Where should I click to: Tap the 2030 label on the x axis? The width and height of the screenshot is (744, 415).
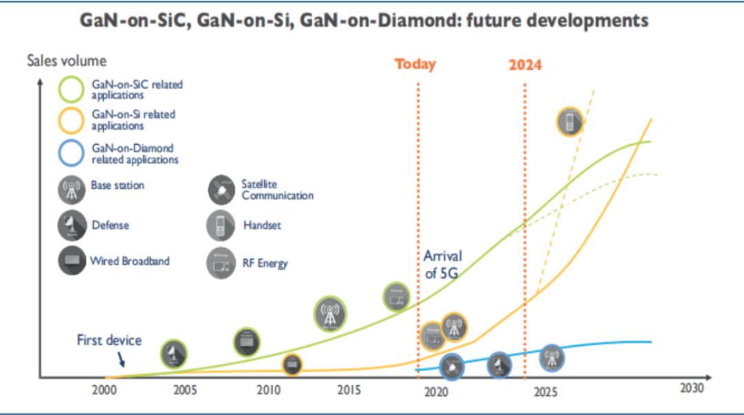point(692,388)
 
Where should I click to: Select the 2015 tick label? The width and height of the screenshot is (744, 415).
point(349,391)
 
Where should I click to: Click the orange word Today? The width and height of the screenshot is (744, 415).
point(415,65)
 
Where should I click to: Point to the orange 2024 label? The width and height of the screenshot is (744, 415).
point(525,65)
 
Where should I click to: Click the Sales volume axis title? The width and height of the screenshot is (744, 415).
point(67,61)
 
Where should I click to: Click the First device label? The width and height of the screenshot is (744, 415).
point(109,341)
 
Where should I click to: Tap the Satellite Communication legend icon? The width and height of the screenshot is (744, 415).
point(222,190)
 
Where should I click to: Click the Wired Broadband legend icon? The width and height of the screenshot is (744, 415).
point(72,261)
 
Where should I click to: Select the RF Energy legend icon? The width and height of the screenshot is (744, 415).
point(220,263)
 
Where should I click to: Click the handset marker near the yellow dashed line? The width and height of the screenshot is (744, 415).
point(570,122)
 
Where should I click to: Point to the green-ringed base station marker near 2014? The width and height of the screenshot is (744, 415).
point(331,314)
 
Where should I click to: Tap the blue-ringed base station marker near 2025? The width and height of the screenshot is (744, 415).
point(551,357)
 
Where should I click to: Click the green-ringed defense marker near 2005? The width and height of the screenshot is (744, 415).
point(174,354)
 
